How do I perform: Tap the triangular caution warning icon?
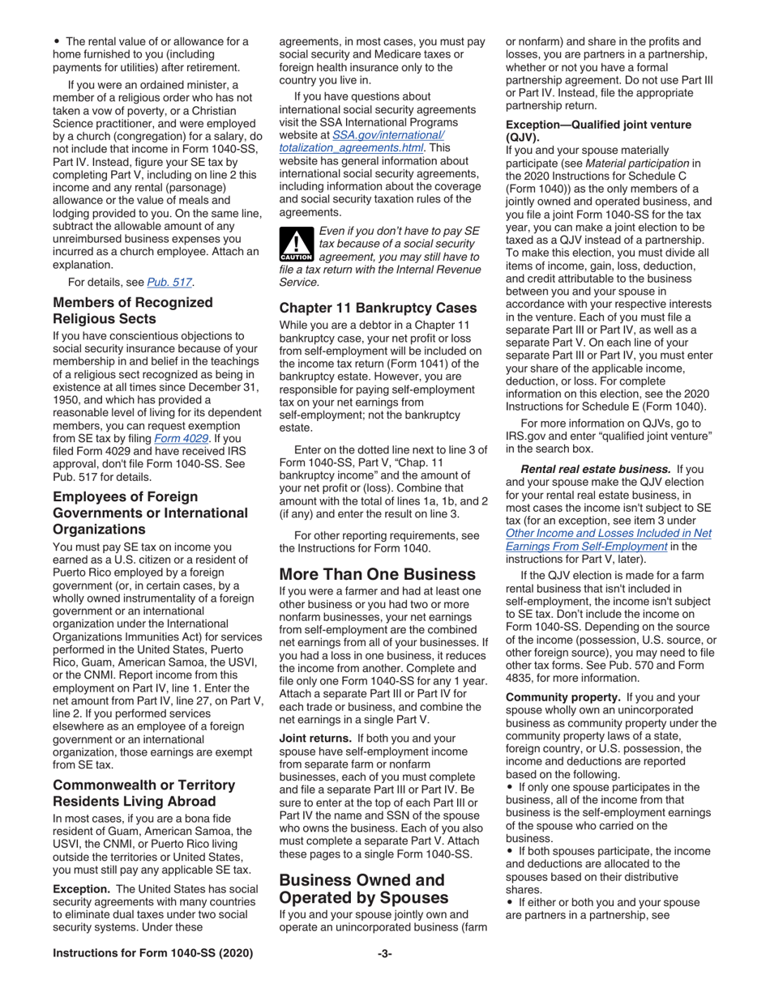296,243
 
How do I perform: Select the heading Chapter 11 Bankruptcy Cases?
378,308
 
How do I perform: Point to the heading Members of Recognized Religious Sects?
132,310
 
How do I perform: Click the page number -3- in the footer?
384,953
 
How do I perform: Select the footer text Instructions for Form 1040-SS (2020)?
152,953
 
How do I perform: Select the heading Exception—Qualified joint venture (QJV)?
598,130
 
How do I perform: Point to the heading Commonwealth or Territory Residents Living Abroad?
143,793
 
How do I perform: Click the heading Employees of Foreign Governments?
150,513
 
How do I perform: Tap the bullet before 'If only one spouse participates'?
509,786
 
